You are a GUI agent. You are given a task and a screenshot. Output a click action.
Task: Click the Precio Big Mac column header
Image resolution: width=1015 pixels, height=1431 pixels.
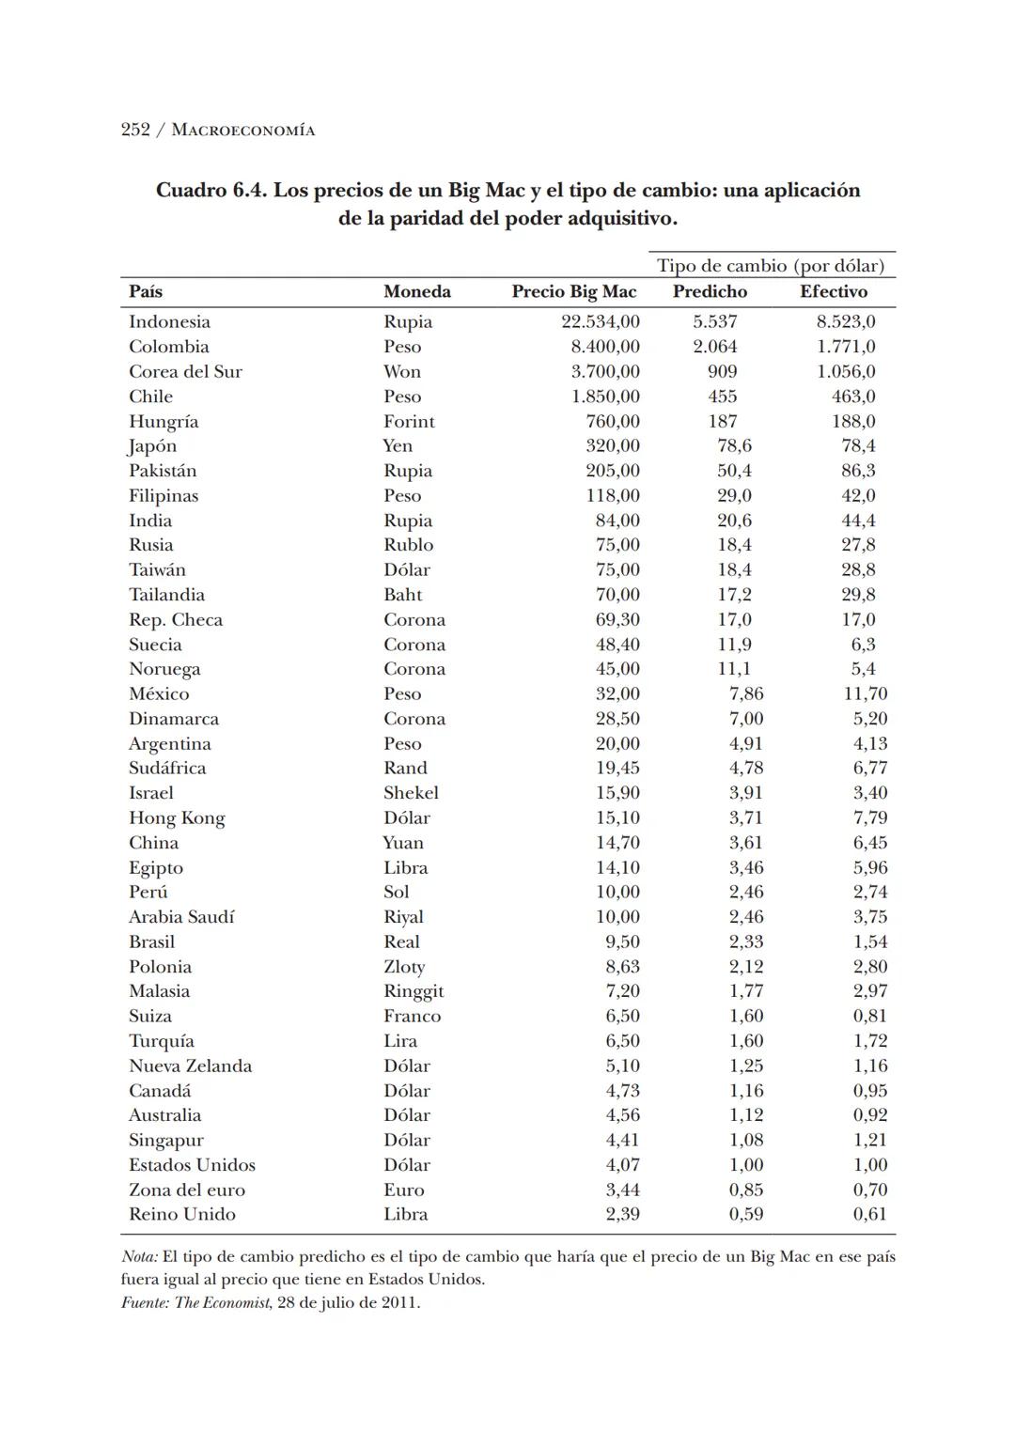pyautogui.click(x=573, y=291)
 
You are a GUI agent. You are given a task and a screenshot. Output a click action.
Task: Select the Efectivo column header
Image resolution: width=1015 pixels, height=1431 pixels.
pyautogui.click(x=833, y=291)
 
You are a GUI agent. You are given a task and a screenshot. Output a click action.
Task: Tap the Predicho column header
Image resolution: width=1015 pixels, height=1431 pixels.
pyautogui.click(x=710, y=291)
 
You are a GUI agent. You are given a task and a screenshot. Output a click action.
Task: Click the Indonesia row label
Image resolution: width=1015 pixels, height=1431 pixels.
pyautogui.click(x=169, y=321)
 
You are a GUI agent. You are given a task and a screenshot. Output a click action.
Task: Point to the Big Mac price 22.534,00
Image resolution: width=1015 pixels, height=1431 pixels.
pyautogui.click(x=600, y=321)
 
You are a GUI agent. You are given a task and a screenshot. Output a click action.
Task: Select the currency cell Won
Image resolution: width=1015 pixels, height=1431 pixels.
pyautogui.click(x=401, y=371)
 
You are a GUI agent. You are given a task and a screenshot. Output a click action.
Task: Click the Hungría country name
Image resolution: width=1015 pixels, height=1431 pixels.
pyautogui.click(x=164, y=421)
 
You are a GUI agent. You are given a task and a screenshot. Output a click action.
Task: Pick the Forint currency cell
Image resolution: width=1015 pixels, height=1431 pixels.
pyautogui.click(x=409, y=421)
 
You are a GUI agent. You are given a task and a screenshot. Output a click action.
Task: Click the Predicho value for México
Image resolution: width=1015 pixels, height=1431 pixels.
pyautogui.click(x=746, y=693)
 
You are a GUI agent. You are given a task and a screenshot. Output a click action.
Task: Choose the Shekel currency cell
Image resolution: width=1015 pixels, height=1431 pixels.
pyautogui.click(x=411, y=793)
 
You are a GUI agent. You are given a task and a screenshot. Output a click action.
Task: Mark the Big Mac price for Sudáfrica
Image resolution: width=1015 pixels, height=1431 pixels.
pyautogui.click(x=617, y=768)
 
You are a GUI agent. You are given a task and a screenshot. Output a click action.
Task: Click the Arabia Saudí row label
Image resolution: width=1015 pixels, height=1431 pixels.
pyautogui.click(x=181, y=917)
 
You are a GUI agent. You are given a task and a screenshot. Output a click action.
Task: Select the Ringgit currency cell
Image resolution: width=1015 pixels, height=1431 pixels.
pyautogui.click(x=414, y=991)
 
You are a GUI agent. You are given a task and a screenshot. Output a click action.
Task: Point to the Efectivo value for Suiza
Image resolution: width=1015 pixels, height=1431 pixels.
pyautogui.click(x=869, y=1016)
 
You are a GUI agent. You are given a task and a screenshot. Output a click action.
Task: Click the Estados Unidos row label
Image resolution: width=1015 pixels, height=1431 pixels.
pyautogui.click(x=192, y=1165)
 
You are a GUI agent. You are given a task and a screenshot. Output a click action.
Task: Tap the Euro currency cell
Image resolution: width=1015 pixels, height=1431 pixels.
pyautogui.click(x=404, y=1190)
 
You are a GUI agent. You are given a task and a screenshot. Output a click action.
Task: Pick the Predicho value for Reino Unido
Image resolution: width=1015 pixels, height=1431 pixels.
pyautogui.click(x=746, y=1214)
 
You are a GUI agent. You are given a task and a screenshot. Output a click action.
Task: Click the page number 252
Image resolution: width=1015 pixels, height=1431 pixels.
pyautogui.click(x=135, y=130)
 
